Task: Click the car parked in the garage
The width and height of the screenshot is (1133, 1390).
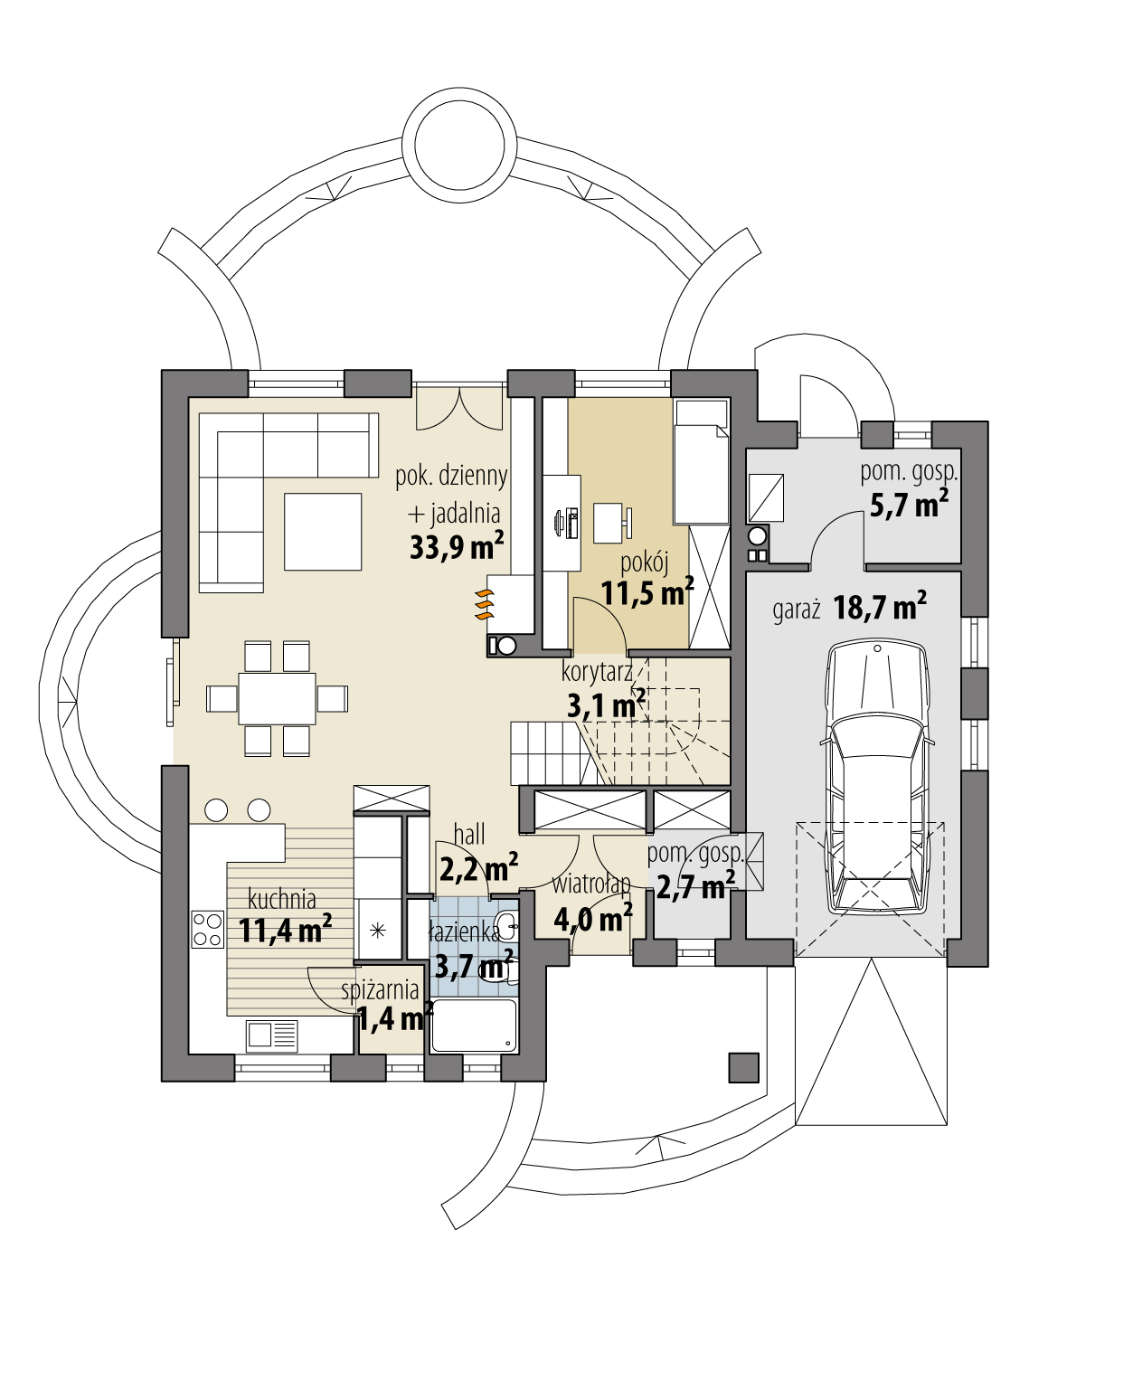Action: (x=877, y=778)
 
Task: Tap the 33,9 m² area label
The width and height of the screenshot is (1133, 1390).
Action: (x=457, y=546)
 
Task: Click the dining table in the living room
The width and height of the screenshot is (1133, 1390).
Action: (x=277, y=698)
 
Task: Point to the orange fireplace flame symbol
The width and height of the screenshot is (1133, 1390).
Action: (x=485, y=604)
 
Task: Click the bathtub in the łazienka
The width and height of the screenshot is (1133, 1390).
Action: (x=474, y=1025)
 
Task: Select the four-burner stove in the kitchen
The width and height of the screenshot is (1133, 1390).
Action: (x=208, y=929)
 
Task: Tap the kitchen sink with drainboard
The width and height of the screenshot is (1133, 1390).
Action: (x=271, y=1035)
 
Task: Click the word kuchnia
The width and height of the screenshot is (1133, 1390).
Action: (x=282, y=899)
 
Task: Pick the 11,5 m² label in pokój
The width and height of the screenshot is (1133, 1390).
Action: (x=647, y=593)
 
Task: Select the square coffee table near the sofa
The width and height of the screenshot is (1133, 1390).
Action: (x=323, y=532)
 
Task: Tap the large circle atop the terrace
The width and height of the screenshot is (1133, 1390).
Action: (x=458, y=148)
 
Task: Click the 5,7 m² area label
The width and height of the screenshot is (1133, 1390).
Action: (x=909, y=504)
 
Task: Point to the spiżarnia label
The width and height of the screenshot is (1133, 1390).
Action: (x=380, y=990)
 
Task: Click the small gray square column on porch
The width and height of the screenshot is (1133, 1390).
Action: (x=744, y=1068)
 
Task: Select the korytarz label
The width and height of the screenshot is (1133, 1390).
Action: (x=597, y=672)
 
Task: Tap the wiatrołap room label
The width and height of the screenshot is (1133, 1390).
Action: (x=591, y=884)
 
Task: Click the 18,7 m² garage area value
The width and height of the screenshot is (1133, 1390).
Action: (x=880, y=607)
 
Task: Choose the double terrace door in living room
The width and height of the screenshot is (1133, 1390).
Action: (x=458, y=409)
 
